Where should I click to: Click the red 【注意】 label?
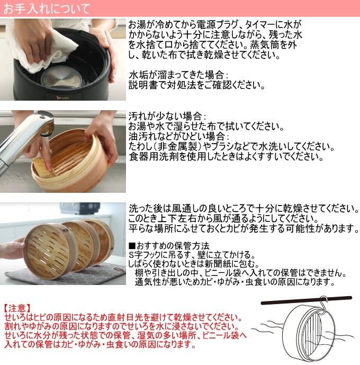click(17, 308)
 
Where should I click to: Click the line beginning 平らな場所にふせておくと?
click(244, 228)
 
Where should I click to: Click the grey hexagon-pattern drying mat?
click(79, 275)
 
